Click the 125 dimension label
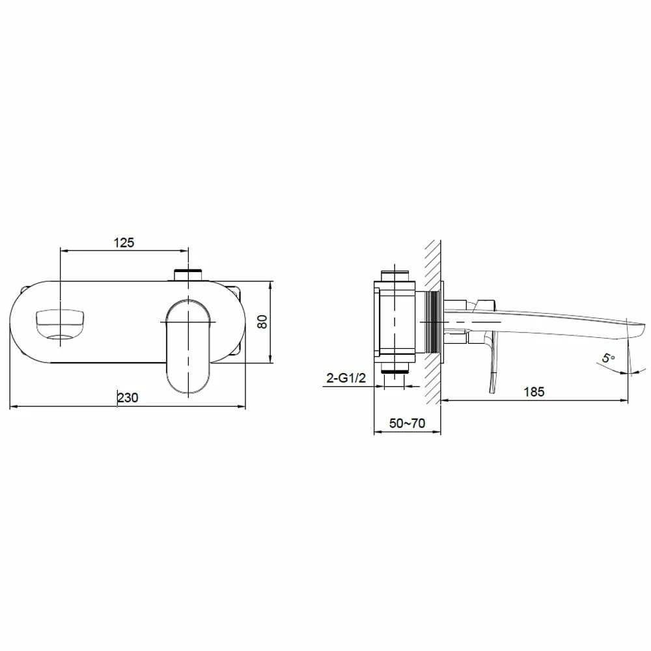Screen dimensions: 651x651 pos(124,242)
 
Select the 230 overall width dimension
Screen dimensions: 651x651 pos(128,397)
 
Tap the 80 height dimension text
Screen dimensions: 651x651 pos(262,322)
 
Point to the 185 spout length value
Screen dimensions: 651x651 pos(534,391)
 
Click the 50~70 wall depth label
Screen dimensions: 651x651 pos(407,423)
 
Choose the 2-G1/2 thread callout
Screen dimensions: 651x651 pos(346,378)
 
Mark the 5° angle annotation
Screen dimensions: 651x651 pos(609,357)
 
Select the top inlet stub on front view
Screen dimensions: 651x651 pos(189,275)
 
